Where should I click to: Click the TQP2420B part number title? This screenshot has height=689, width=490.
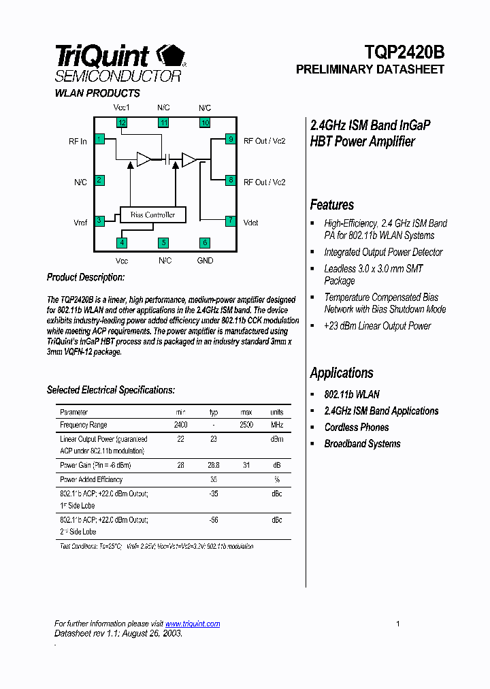(404, 52)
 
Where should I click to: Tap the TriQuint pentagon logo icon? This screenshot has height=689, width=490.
(170, 56)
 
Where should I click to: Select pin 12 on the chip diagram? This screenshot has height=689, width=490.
(122, 123)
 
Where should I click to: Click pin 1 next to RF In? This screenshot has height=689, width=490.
(99, 140)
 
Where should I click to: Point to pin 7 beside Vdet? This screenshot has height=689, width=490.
(231, 221)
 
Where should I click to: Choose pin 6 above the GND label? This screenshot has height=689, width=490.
(204, 242)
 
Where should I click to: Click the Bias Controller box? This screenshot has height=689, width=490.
(152, 215)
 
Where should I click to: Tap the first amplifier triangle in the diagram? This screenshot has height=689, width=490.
(144, 159)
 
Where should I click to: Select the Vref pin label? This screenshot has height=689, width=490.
(80, 222)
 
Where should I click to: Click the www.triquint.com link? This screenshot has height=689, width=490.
(193, 624)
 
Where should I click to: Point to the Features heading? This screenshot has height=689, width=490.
(332, 205)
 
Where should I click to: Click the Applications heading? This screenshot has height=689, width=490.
(342, 373)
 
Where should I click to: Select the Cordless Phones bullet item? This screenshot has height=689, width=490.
(357, 428)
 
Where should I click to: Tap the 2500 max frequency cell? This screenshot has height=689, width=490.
(246, 425)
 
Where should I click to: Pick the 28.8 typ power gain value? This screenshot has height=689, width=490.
(214, 465)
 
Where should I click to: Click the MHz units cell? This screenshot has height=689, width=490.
(277, 425)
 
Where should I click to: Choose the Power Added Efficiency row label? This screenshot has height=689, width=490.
(91, 479)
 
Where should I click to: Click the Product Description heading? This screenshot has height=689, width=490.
(86, 278)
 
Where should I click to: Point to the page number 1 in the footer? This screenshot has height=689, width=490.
(398, 624)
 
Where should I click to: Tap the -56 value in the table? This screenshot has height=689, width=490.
(214, 519)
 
